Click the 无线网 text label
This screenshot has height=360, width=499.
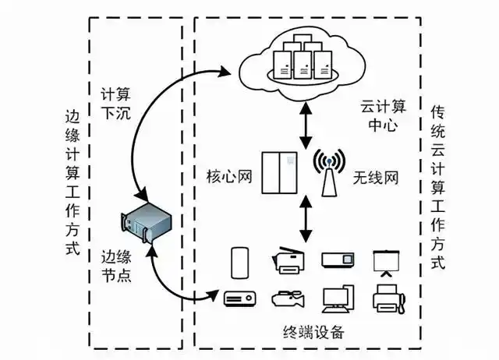[377, 177]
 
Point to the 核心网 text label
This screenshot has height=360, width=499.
[232, 177]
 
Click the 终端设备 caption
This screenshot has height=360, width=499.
[313, 333]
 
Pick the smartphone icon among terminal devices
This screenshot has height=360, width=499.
[239, 262]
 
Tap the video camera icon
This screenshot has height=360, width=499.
[286, 299]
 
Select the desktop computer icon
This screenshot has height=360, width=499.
[338, 299]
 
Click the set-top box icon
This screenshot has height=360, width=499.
[240, 298]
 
